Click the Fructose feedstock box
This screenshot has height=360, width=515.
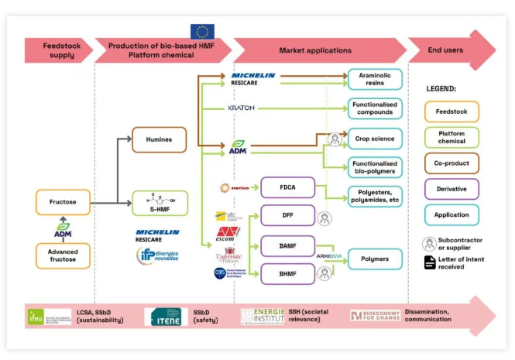coord(62,202)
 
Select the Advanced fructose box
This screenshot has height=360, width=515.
coord(62,255)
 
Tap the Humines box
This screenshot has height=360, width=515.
coord(159,139)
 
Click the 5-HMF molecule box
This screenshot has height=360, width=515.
coord(159,203)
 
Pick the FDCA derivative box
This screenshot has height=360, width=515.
coord(287,188)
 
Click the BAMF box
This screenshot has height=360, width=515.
coord(287,246)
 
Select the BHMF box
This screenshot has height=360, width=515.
coord(287,273)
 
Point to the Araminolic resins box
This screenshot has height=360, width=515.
coord(375,78)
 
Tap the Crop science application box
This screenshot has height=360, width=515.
coord(375,139)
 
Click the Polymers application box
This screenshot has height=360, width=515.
coord(375,259)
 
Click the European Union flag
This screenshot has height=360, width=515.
coord(203,32)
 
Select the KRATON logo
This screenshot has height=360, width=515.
coord(242,108)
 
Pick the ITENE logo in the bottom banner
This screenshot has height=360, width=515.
coord(166,316)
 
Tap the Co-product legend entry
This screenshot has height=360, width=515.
coord(451,163)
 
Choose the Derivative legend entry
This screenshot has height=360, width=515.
coord(451,189)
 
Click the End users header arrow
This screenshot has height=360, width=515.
coord(457,50)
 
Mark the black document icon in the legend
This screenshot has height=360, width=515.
coord(430,262)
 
